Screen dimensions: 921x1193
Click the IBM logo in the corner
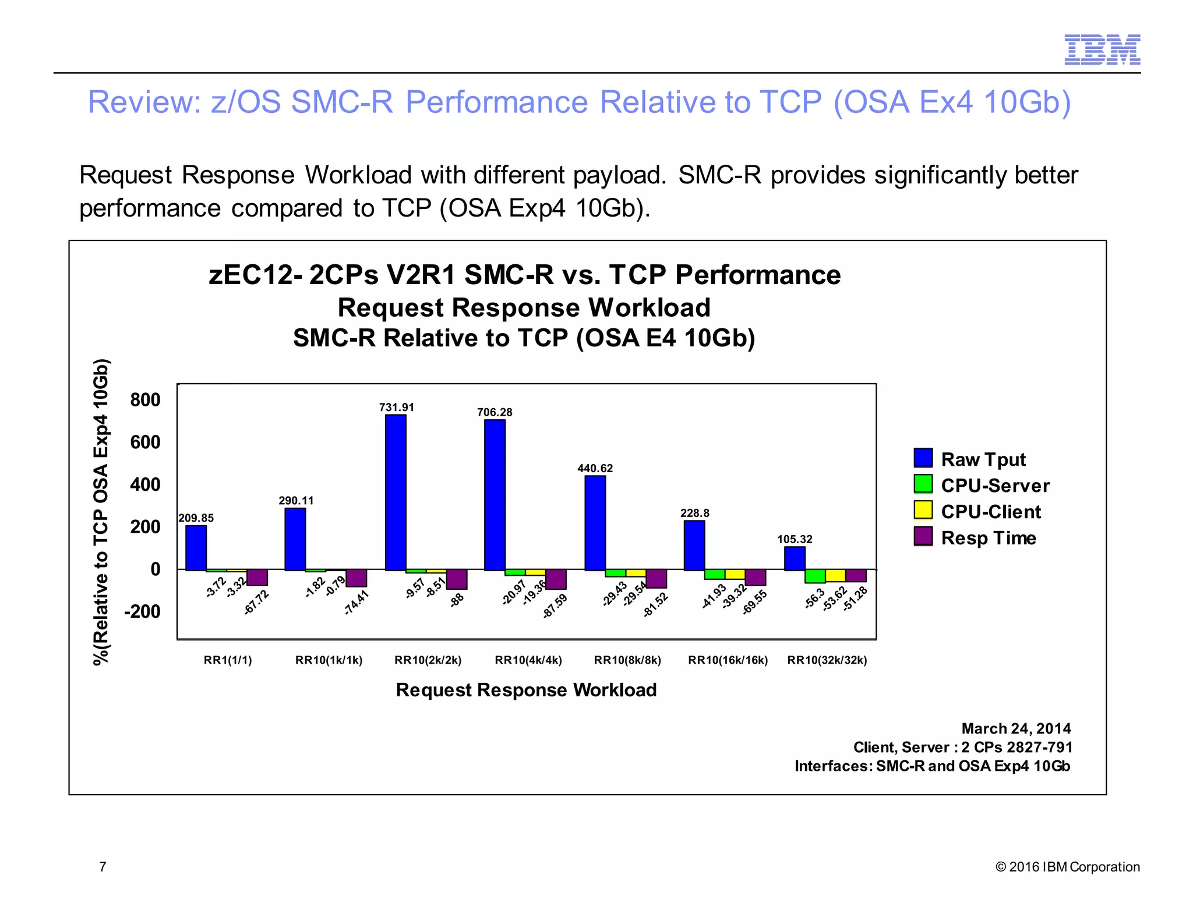tap(1102, 49)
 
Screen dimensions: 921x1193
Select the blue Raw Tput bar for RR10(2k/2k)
tap(396, 492)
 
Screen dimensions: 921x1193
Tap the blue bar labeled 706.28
tap(495, 495)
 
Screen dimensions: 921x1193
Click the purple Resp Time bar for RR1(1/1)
tap(257, 577)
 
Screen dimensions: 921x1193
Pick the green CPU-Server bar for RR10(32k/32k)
tap(815, 576)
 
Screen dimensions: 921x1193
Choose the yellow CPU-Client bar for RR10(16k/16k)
tap(735, 574)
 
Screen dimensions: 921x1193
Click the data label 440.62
tap(595, 468)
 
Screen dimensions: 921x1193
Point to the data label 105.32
tap(795, 539)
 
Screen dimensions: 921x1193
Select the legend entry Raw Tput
tap(983, 459)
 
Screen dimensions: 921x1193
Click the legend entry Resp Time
tap(988, 538)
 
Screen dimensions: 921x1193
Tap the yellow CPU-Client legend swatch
tap(923, 510)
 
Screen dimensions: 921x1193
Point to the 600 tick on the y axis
tap(145, 442)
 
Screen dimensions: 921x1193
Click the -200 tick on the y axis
tap(142, 611)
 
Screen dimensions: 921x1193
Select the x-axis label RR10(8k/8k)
tap(627, 660)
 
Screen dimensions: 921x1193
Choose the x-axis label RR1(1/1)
tap(228, 660)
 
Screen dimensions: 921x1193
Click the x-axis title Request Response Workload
tap(526, 690)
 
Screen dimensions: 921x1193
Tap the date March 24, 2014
tap(1016, 728)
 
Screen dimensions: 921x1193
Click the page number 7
tap(103, 867)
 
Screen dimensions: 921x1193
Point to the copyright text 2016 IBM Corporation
tap(1074, 867)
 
